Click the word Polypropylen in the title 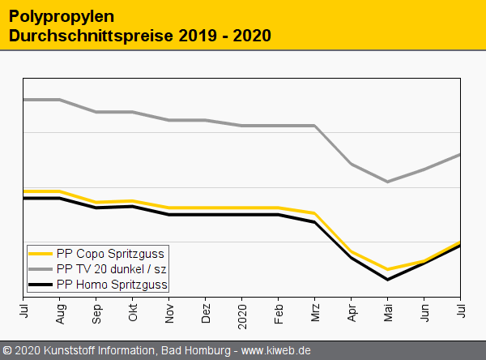point(62,16)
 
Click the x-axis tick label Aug point(60,311)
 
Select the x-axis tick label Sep point(96,311)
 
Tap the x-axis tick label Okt point(133,311)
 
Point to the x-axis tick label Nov point(169,311)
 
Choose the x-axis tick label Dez point(206,311)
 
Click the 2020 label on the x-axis point(242,312)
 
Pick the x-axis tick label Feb point(279,311)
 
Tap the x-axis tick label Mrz point(315,311)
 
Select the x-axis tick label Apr point(352,311)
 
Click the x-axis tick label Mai point(388,311)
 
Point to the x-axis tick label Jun point(424,311)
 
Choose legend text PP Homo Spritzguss point(112,285)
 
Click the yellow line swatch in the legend point(40,254)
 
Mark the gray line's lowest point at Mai point(388,182)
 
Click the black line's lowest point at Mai point(388,280)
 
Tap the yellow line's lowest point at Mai point(388,269)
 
